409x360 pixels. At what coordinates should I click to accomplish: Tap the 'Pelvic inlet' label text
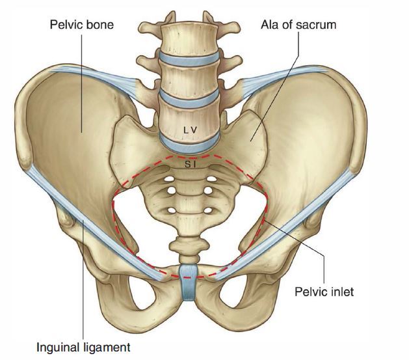point(323,292)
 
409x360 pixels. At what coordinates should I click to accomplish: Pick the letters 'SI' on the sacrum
point(190,165)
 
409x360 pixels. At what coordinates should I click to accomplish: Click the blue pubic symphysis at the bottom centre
point(188,281)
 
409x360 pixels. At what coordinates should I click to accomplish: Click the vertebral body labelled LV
point(190,120)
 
